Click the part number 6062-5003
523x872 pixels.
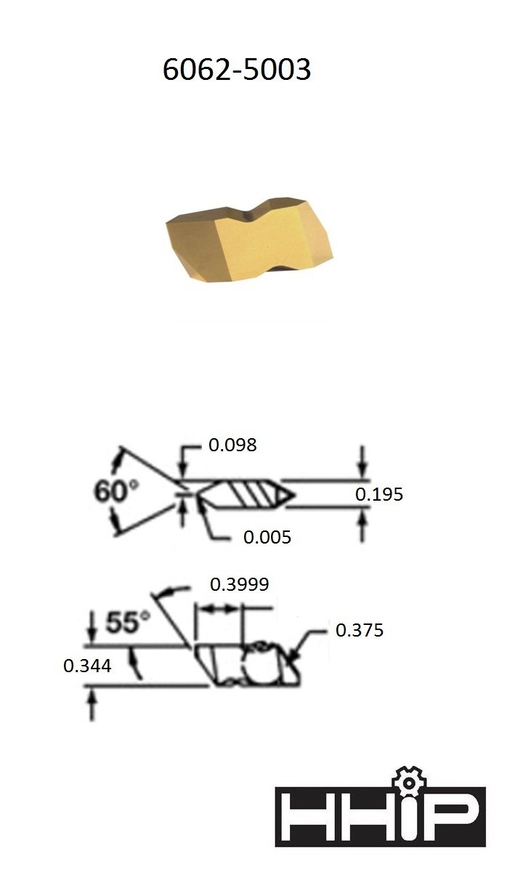click(x=237, y=70)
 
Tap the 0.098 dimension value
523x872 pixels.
click(x=232, y=445)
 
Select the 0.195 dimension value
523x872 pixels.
click(x=379, y=495)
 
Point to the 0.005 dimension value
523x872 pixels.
click(x=267, y=537)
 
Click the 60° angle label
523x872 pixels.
click(x=116, y=491)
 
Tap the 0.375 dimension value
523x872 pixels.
click(x=359, y=631)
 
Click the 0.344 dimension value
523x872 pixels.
click(x=87, y=665)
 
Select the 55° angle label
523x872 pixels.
click(x=129, y=623)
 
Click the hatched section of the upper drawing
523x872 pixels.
click(x=251, y=495)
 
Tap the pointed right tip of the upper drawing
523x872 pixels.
click(x=293, y=495)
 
